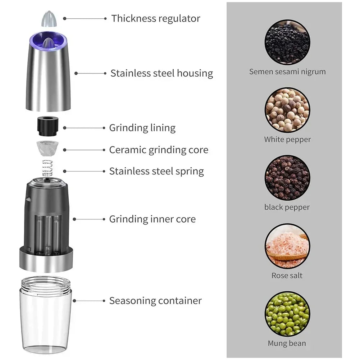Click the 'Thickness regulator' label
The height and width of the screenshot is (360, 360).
coord(156,19)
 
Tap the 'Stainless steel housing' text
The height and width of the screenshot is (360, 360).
coord(161,73)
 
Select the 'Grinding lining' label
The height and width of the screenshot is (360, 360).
coord(142,128)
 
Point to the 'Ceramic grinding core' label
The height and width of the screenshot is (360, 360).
coord(159,150)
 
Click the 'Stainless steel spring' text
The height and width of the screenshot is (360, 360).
coord(156,171)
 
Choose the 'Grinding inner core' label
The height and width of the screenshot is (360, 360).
coord(152,219)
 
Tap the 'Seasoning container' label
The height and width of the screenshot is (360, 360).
coord(155,301)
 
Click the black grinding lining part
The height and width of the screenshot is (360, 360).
coord(48,126)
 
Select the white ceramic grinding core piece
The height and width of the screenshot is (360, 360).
coord(47,148)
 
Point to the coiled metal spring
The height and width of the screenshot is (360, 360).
coord(47,168)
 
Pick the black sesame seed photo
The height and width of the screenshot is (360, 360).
coord(287,42)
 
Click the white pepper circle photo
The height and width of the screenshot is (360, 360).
coord(287,110)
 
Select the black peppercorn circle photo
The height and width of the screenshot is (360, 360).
coord(287,178)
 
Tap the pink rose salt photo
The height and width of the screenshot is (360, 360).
coord(287,246)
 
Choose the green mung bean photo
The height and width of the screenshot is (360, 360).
coord(287,314)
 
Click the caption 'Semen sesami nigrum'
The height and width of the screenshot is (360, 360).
coord(287,72)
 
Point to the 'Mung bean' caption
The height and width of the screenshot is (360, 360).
coord(287,343)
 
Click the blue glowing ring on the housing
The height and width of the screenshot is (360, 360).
coord(49,35)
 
